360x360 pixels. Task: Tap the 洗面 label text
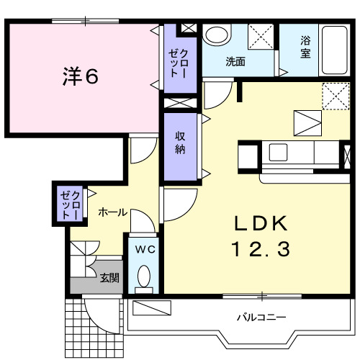(235, 62)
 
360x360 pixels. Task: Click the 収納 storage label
(180, 143)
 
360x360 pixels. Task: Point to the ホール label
(112, 212)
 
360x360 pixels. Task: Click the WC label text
(145, 250)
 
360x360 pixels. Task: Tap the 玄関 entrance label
(109, 278)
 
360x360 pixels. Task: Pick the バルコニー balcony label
(262, 317)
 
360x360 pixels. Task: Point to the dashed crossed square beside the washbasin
(261, 36)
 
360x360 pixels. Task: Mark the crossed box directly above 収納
(179, 102)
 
